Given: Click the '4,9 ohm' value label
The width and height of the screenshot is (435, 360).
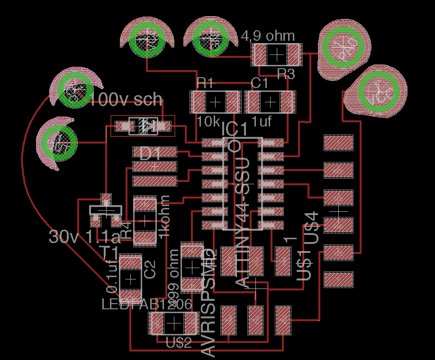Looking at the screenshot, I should point(268,36).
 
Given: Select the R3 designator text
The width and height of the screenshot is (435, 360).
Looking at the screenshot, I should point(285,74).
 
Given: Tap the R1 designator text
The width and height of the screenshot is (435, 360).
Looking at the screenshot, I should point(205,84).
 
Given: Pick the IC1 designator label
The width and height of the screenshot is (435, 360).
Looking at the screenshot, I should point(234,129).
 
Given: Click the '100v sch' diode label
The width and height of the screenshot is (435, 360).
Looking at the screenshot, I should point(126,99).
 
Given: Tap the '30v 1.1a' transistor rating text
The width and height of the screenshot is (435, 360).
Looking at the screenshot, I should point(85,236).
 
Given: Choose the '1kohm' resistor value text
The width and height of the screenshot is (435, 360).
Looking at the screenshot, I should point(164,216).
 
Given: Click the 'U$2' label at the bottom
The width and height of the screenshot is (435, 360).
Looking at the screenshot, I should point(179,343).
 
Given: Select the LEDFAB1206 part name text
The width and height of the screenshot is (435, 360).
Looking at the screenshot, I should point(147,305).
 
